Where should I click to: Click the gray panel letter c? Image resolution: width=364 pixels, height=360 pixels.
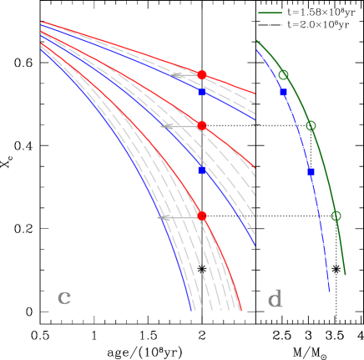click(x=64, y=297)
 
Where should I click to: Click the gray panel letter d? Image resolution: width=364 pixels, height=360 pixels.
click(x=275, y=299)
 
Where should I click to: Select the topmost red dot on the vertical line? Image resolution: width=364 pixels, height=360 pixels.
click(x=202, y=75)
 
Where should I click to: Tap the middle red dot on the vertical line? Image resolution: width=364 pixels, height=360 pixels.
click(x=202, y=125)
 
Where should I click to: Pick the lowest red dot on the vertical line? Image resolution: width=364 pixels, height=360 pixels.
click(x=202, y=215)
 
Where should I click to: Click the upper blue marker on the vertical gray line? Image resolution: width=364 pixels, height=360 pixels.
click(x=202, y=92)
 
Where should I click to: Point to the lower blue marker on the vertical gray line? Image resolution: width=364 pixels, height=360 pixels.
click(x=202, y=170)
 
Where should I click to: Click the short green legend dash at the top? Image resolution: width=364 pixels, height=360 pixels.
click(x=270, y=13)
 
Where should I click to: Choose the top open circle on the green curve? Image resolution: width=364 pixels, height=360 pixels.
click(x=283, y=75)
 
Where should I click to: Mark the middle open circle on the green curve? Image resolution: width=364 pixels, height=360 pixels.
click(x=311, y=125)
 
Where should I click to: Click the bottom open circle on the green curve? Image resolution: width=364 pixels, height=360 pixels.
click(x=336, y=215)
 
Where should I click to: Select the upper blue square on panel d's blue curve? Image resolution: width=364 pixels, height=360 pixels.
click(x=284, y=93)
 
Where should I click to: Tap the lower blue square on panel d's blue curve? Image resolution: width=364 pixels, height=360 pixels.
click(x=311, y=171)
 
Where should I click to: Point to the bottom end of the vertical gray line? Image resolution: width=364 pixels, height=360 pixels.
click(x=202, y=322)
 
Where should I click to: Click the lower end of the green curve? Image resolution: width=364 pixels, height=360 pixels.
click(x=345, y=274)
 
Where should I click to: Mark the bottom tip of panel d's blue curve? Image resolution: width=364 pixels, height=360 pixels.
click(x=330, y=291)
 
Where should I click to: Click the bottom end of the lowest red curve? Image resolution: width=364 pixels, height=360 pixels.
click(x=241, y=311)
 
